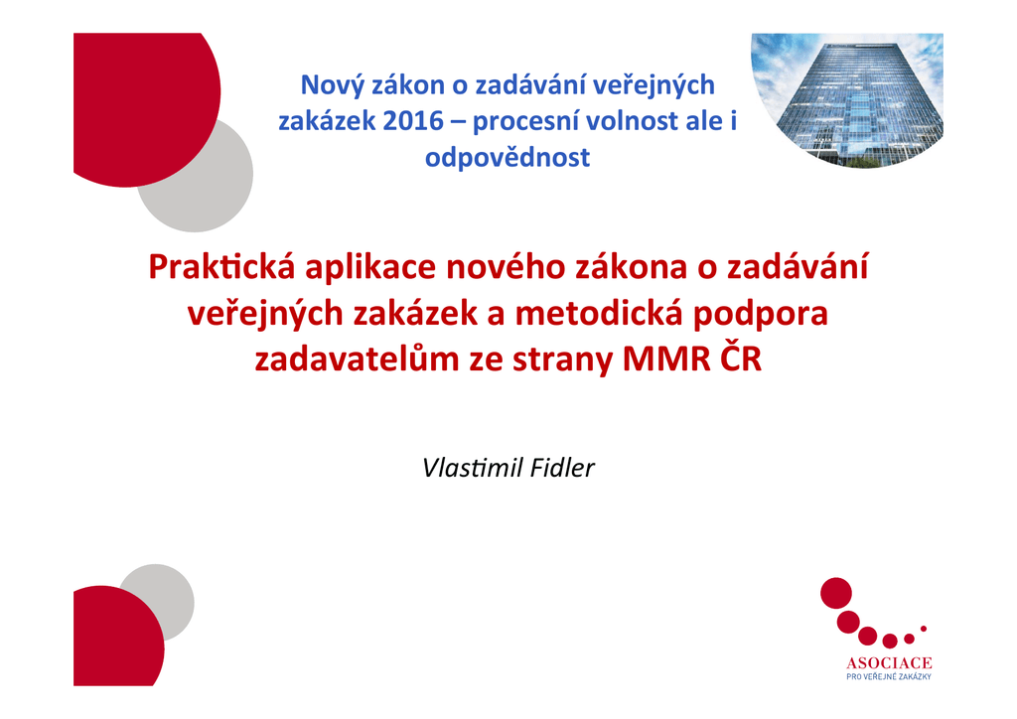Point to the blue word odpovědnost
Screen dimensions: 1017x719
[x=508, y=158]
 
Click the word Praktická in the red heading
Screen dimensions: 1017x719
[x=221, y=267]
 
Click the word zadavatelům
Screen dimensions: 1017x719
[x=357, y=359]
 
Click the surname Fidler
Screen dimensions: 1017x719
[x=562, y=468]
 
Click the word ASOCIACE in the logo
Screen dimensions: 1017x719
[x=889, y=663]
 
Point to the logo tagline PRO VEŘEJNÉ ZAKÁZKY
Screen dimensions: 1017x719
[x=889, y=677]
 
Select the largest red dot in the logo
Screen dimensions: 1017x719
[x=836, y=593]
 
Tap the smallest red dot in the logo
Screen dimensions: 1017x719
[x=924, y=629]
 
